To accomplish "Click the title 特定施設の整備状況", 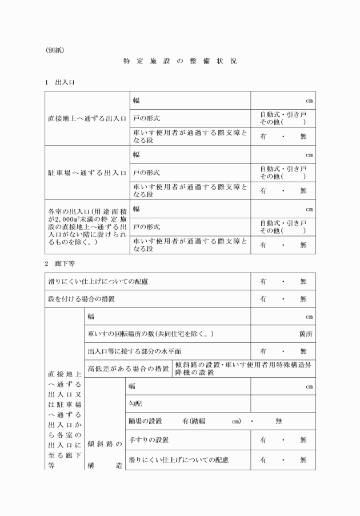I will tap(179, 61).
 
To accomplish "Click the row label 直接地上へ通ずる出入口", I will tap(87, 118).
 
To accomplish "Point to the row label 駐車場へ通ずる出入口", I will tap(87, 172).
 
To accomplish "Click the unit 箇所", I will tap(306, 334).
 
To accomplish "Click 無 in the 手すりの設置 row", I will tap(303, 440).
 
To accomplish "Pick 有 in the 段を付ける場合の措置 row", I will tap(263, 299).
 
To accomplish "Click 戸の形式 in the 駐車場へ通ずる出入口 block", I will tap(146, 172).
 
